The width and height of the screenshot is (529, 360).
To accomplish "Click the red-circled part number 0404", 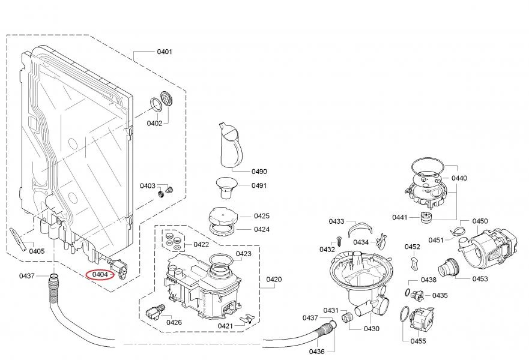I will (x=100, y=275).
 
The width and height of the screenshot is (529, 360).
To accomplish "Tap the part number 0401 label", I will (x=165, y=52).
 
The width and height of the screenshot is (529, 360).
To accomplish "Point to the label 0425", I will (x=261, y=216).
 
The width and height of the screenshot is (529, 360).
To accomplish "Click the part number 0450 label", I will (x=480, y=221).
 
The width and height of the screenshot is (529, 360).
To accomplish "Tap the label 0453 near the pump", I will (x=480, y=279).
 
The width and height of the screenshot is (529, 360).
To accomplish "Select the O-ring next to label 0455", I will (x=404, y=313).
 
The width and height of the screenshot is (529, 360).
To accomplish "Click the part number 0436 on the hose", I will (x=316, y=352).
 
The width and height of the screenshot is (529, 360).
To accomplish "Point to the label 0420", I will (x=274, y=280).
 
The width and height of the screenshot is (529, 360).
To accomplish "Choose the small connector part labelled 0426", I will (x=154, y=311).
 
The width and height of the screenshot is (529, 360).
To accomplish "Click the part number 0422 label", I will (x=201, y=244).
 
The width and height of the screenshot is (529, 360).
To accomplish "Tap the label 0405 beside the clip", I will (x=37, y=251).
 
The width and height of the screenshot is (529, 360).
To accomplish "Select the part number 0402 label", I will (x=155, y=123).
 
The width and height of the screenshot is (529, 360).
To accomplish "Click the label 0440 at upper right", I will (x=459, y=178).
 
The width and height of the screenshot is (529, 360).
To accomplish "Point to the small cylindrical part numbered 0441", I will (x=428, y=217).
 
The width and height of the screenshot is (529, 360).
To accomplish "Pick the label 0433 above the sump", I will (x=336, y=221).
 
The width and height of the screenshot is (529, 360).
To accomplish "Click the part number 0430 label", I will (x=372, y=329).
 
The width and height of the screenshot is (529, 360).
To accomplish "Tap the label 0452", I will (x=412, y=247).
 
